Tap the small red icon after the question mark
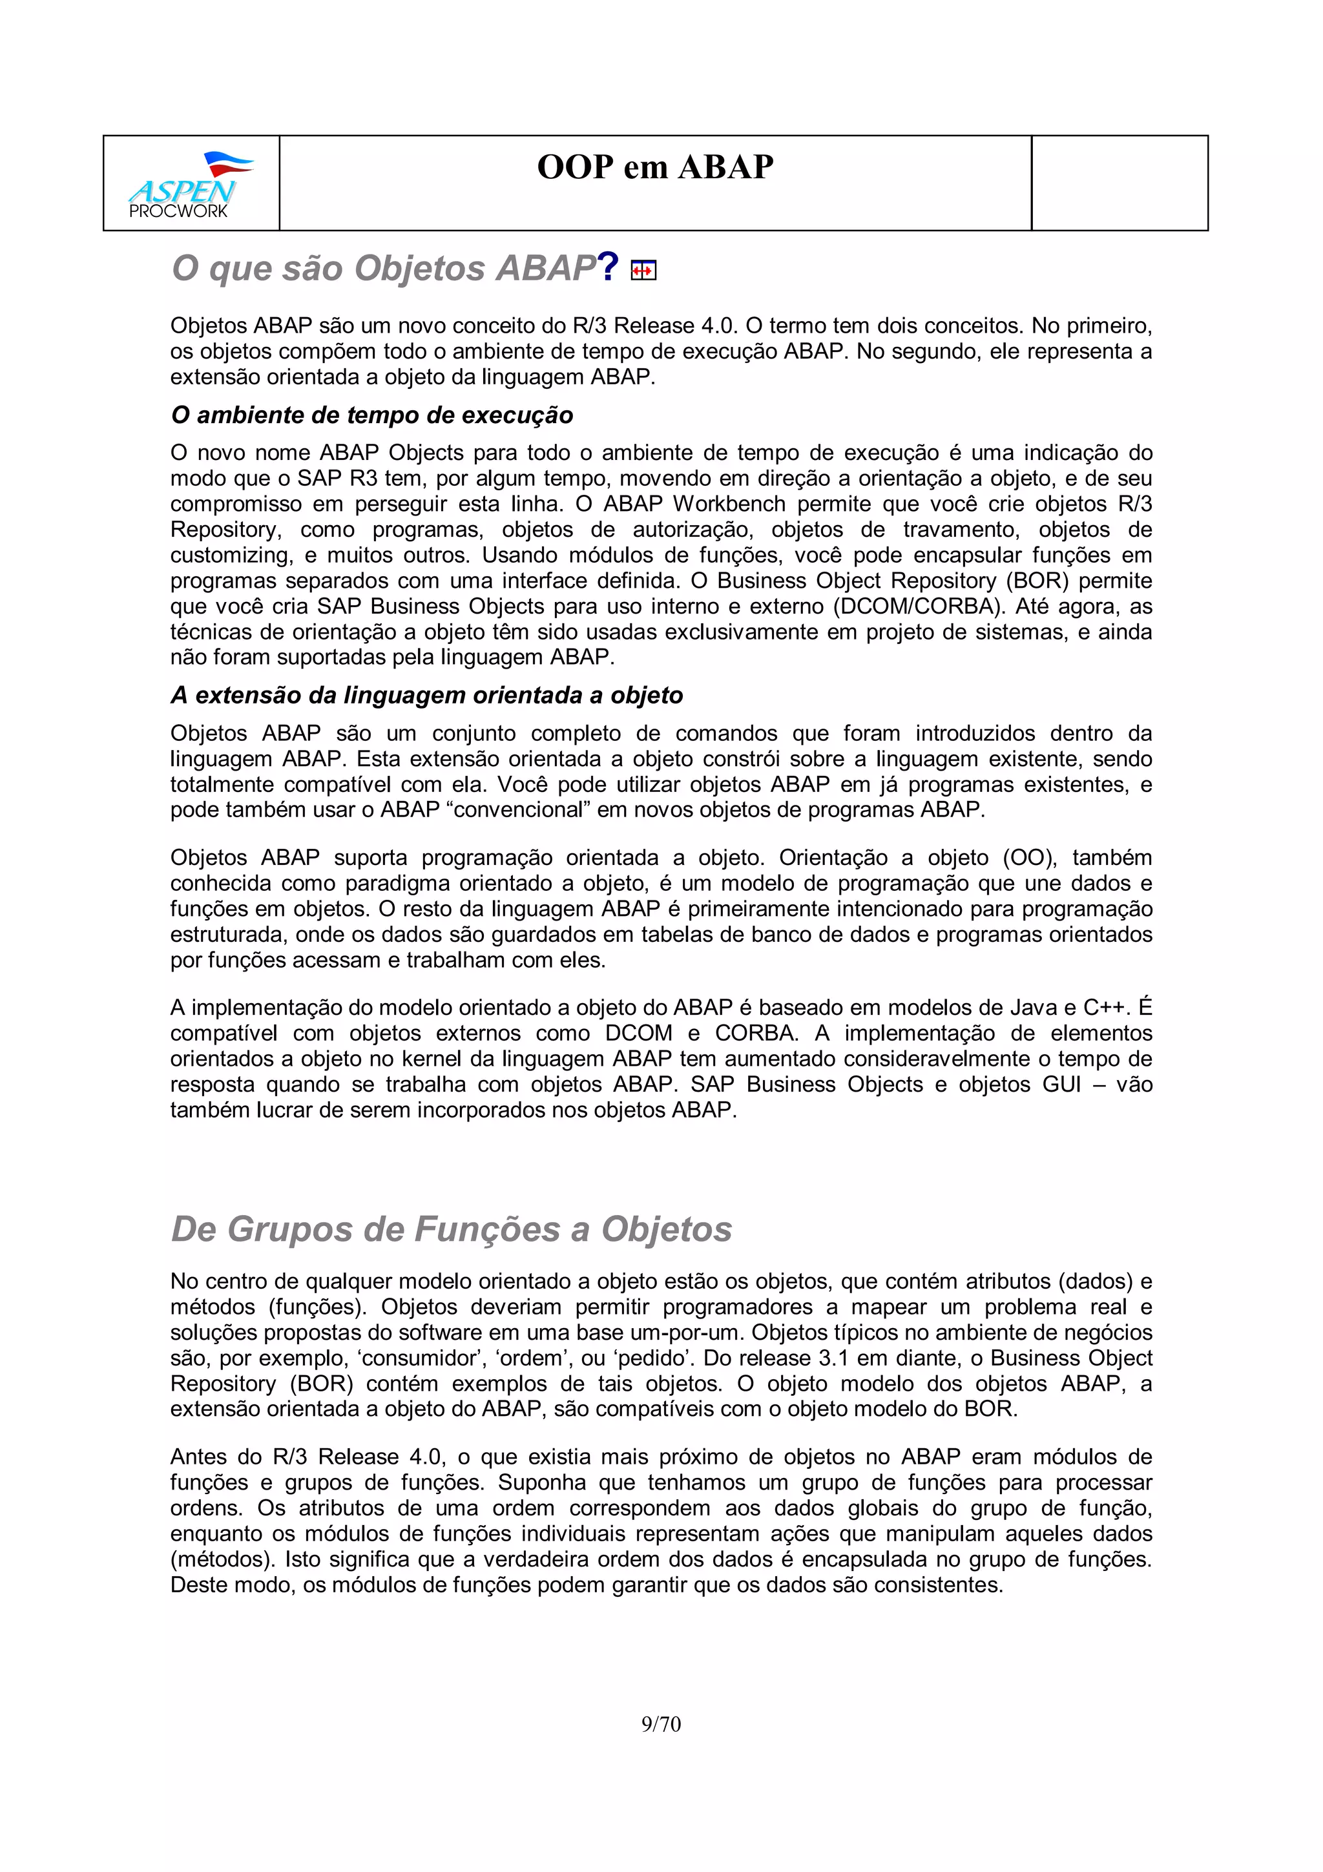(x=643, y=271)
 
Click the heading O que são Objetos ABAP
(x=383, y=268)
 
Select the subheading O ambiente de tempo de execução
(x=371, y=415)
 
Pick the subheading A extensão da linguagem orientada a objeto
(x=426, y=696)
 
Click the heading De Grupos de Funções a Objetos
(x=452, y=1229)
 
